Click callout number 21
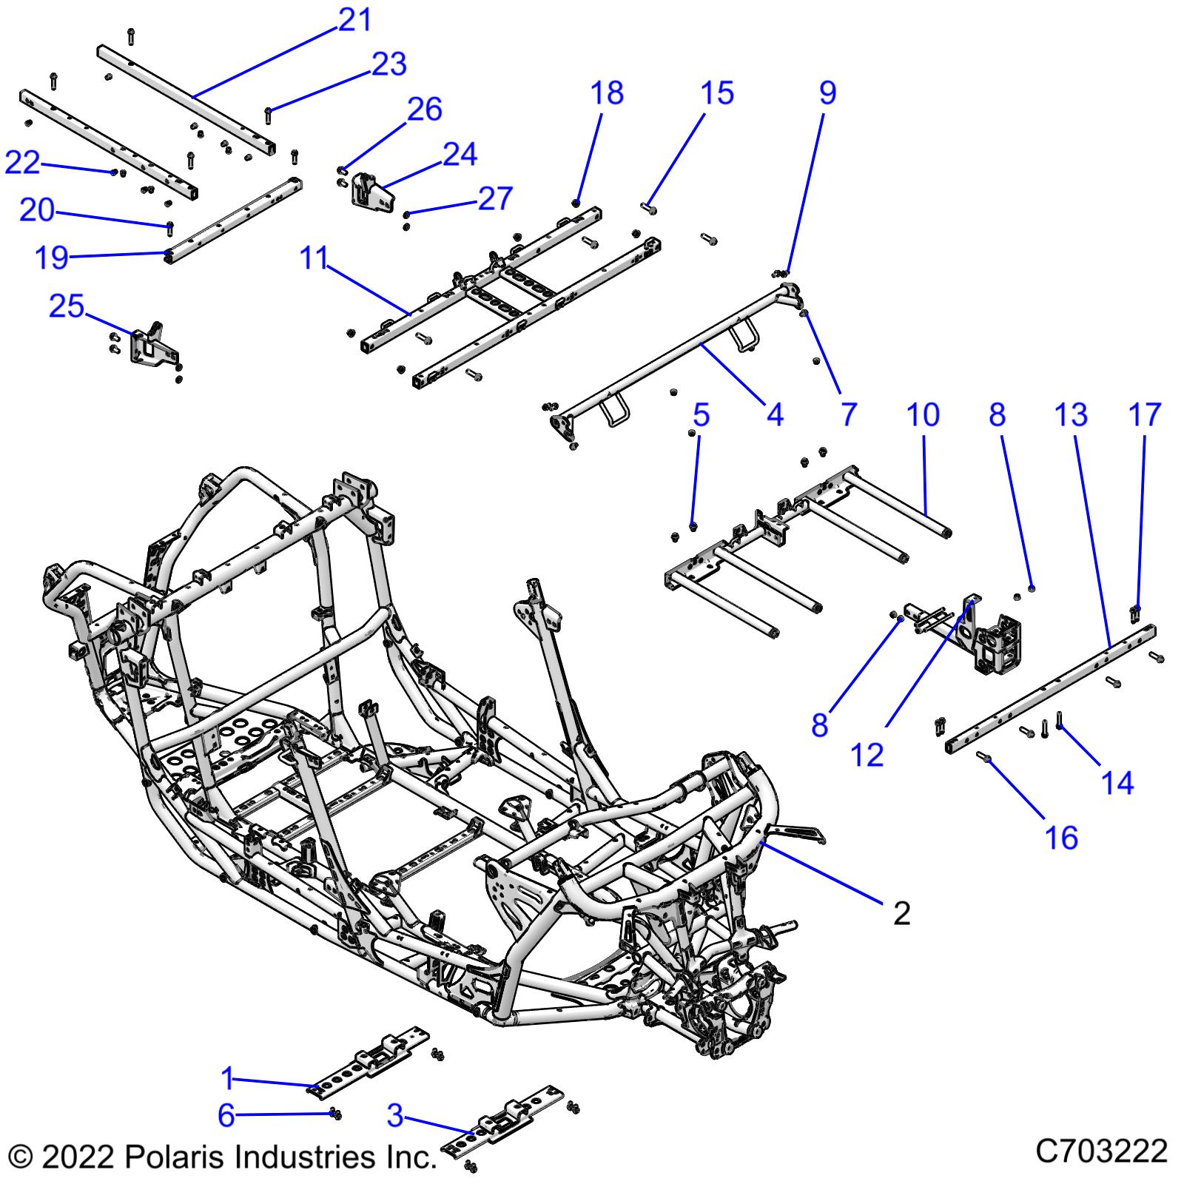coord(354,19)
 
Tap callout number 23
coord(389,64)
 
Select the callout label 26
coord(425,110)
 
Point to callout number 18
coord(607,93)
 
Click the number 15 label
coord(716,93)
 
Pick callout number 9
coord(827,93)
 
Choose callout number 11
coord(314,258)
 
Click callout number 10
coord(923,415)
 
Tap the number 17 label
coord(1145,415)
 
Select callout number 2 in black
coord(901,914)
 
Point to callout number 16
coord(1062,838)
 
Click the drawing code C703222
coord(1101,1151)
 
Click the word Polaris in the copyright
coord(170,1156)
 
